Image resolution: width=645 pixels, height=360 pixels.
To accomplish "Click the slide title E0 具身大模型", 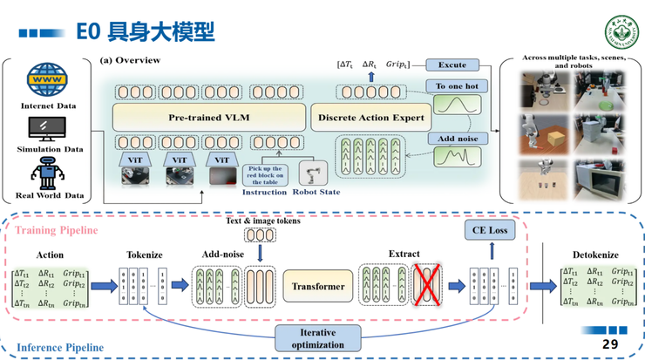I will pyautogui.click(x=145, y=32).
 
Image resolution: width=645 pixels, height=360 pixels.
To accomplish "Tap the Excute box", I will pyautogui.click(x=451, y=65).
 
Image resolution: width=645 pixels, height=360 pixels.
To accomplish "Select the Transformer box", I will pyautogui.click(x=317, y=286).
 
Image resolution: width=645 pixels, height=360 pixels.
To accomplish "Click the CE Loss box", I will pyautogui.click(x=492, y=231).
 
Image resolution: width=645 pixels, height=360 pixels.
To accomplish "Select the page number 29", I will pyautogui.click(x=610, y=345).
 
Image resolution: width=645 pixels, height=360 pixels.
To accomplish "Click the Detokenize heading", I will pyautogui.click(x=595, y=254).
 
